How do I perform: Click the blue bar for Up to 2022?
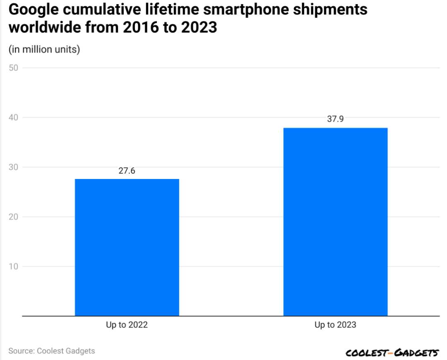click(127, 247)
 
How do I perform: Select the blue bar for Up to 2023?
click(335, 222)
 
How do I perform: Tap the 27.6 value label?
click(127, 170)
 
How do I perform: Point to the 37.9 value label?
click(335, 119)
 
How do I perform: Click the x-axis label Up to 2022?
click(127, 325)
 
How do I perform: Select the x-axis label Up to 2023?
click(335, 325)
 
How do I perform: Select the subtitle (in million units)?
click(44, 49)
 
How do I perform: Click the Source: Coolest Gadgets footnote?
click(52, 351)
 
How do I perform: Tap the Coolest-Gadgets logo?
click(392, 353)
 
